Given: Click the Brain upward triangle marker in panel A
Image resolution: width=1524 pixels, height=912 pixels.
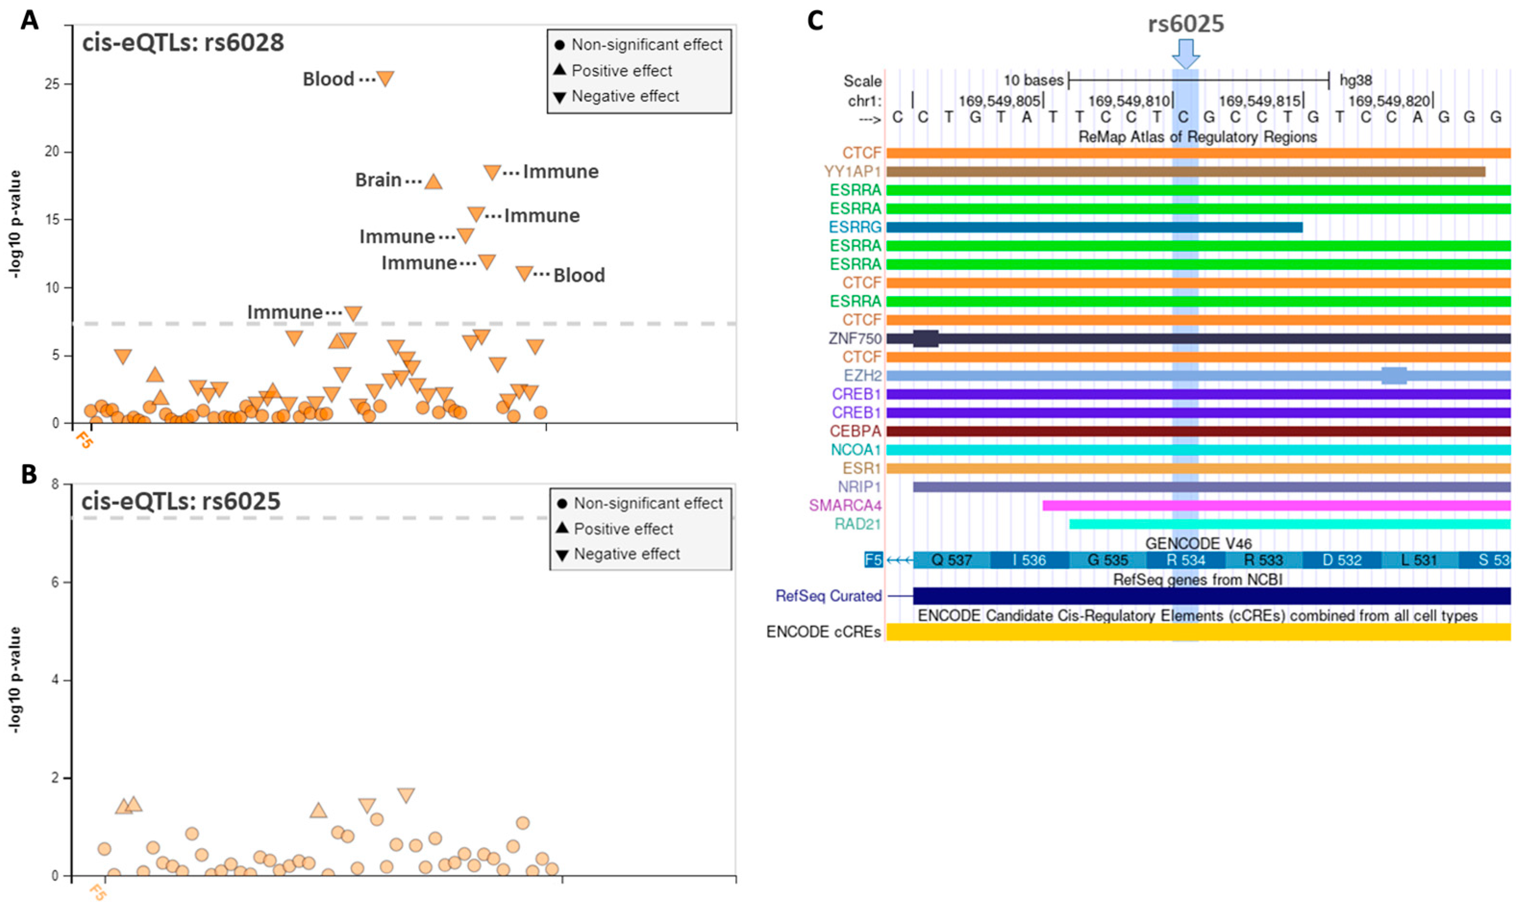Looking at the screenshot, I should coord(433,182).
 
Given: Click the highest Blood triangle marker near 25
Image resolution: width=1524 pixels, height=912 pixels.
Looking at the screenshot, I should coord(384,78).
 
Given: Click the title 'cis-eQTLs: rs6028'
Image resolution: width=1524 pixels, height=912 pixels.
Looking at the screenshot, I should coord(183,43).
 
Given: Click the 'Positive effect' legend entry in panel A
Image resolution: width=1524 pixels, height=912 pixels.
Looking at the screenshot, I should coord(621,71).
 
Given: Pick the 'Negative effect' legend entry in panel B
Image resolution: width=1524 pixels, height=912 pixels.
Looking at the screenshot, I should coord(626,554).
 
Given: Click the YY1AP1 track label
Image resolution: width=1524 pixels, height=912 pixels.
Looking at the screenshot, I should coord(852,172).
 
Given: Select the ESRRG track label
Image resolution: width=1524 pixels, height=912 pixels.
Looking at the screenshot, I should coord(855,227).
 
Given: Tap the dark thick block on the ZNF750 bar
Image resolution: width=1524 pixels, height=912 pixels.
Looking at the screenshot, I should coord(925,338).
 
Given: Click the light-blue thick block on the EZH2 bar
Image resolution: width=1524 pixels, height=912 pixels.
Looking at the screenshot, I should coord(1394,375).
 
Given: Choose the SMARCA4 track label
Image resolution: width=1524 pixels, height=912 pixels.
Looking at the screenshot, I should coord(844,506).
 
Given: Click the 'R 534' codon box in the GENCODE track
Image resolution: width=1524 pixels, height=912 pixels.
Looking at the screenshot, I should coord(1185,561).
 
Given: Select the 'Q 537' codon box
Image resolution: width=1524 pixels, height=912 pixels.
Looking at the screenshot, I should coord(951,561).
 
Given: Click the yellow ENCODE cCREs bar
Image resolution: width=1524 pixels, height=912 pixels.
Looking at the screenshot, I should coord(1198,632).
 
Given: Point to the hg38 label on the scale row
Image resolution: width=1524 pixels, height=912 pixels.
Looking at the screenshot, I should coord(1355,80).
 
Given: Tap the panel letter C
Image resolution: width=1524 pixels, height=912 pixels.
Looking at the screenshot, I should coord(815,21).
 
